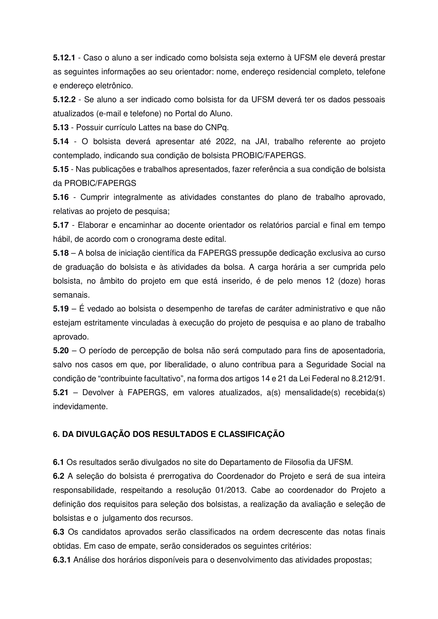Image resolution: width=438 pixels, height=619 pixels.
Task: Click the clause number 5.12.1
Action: point(64,58)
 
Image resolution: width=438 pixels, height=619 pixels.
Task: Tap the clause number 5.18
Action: point(61,253)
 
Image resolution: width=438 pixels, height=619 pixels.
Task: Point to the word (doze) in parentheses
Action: point(349,281)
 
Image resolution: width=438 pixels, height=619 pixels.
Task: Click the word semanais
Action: point(71,295)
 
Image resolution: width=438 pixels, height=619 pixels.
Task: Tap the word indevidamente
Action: point(80,406)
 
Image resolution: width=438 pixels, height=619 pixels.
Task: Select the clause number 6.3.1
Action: point(61,560)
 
